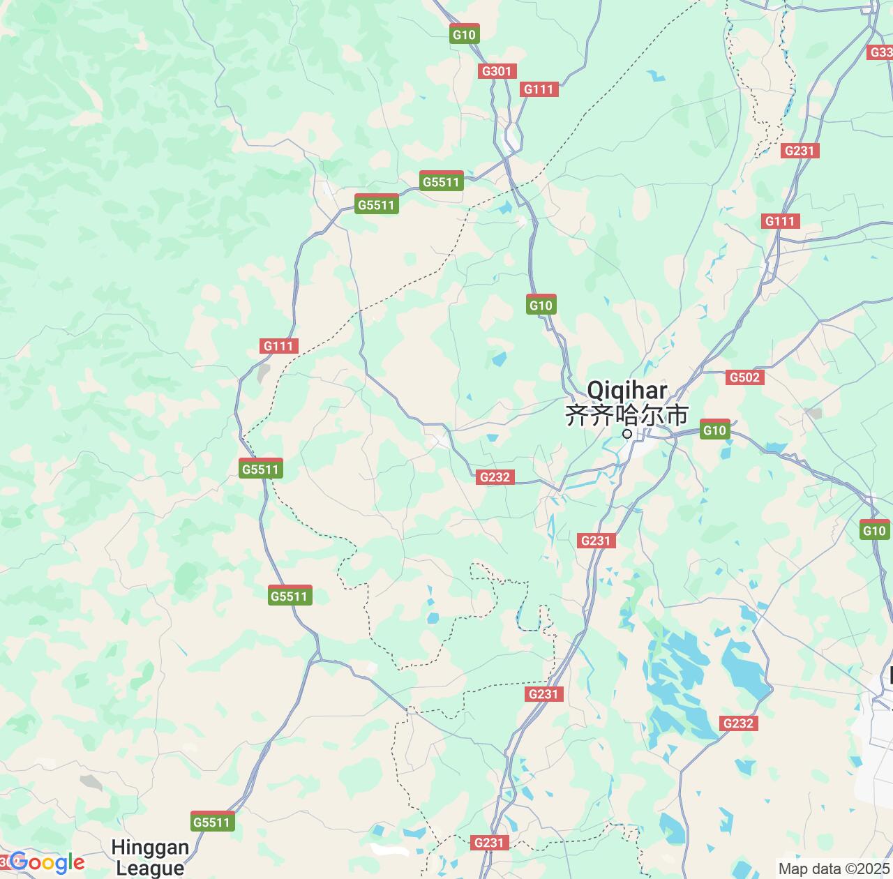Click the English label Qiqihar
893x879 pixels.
click(626, 390)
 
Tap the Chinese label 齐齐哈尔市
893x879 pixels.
click(626, 415)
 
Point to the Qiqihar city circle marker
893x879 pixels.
click(627, 434)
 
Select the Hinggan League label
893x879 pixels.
click(150, 857)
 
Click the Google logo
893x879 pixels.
click(47, 863)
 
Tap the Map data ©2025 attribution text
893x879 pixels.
click(833, 869)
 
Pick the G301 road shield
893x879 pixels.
click(497, 70)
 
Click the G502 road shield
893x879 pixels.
click(744, 377)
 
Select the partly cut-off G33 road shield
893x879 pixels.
click(880, 52)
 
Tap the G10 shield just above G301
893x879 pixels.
click(464, 34)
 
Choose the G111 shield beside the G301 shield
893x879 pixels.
click(539, 89)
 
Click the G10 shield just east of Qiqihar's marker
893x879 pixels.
click(714, 430)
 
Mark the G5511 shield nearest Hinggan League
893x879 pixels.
click(211, 822)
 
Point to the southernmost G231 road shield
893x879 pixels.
click(488, 843)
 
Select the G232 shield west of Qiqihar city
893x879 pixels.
click(495, 477)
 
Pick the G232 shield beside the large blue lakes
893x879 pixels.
click(738, 723)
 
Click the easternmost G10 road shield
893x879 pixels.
click(874, 530)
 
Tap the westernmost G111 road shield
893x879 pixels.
click(279, 346)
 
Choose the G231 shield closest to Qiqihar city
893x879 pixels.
click(595, 540)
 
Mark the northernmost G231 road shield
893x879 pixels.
click(800, 151)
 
